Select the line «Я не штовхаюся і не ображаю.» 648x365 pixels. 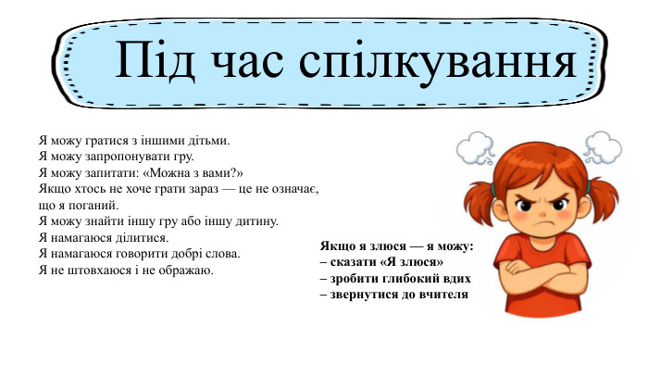click(x=126, y=270)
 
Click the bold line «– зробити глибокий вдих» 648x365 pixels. click(x=395, y=278)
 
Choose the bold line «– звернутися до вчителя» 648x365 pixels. click(x=393, y=294)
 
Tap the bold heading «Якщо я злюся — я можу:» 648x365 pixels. click(x=396, y=246)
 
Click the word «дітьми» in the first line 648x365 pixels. click(x=208, y=140)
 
